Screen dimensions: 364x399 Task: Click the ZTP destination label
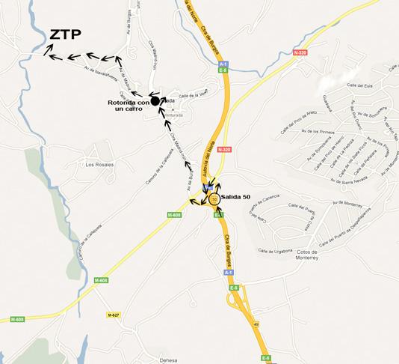66,34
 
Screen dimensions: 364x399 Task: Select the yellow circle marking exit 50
214,198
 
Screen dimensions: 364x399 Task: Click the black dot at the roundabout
155,101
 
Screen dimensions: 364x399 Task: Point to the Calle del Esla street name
360,87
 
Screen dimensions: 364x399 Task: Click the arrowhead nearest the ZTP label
50,50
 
